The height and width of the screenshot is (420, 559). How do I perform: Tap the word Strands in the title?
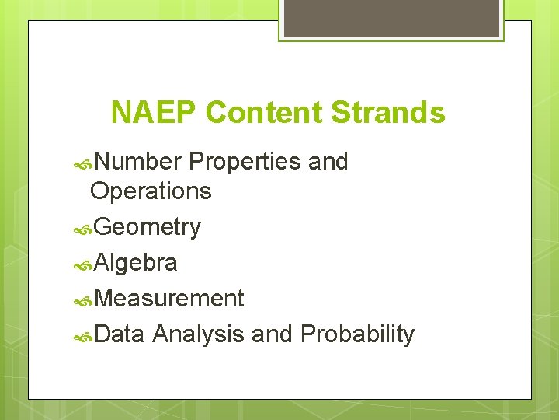click(388, 113)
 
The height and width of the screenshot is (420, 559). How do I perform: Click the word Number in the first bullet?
click(139, 162)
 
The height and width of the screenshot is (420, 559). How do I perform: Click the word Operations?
click(151, 191)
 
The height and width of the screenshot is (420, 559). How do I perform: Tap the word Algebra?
click(136, 263)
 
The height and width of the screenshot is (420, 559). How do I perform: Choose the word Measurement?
click(169, 299)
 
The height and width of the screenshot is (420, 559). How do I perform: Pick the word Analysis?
click(200, 334)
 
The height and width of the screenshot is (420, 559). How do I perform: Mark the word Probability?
click(357, 334)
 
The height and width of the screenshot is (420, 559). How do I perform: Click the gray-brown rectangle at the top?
click(391, 17)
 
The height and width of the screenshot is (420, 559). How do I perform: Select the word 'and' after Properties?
click(328, 162)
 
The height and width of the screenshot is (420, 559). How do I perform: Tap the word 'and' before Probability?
click(272, 334)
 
